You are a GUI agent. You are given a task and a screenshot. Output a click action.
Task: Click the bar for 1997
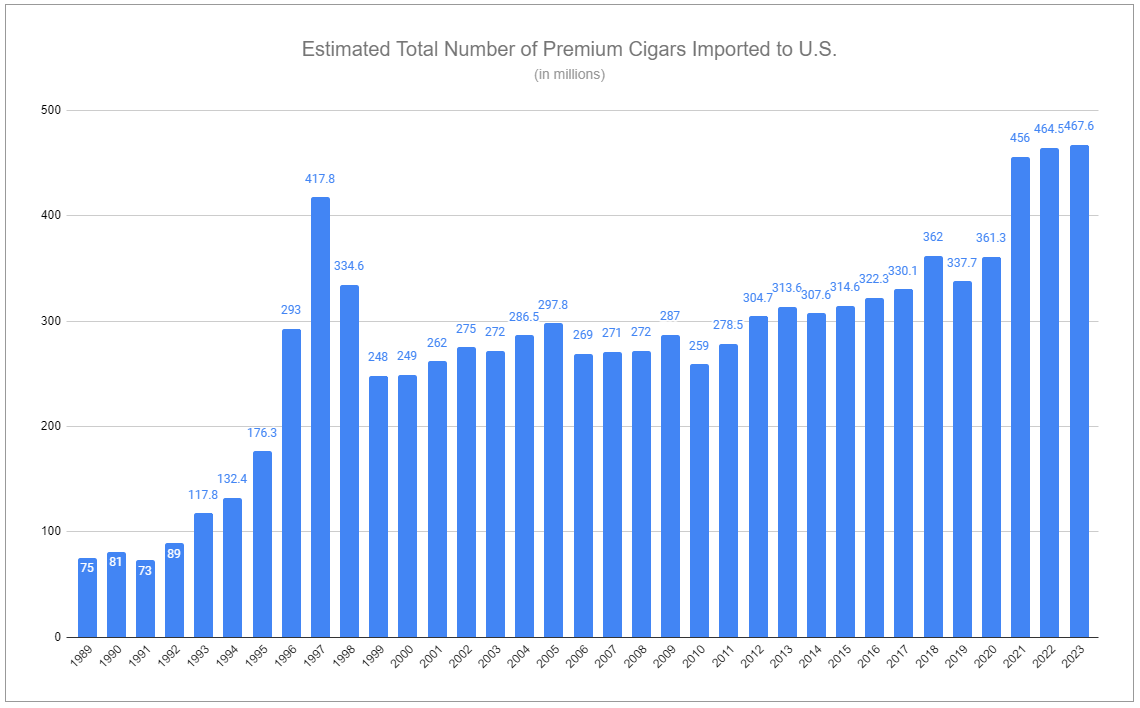point(320,417)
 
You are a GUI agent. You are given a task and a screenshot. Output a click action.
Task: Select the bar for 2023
point(1079,391)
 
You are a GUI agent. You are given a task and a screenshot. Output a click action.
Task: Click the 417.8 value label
point(320,179)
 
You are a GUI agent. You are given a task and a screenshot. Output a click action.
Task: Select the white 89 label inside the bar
point(174,552)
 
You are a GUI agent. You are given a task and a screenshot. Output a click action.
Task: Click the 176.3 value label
point(262,433)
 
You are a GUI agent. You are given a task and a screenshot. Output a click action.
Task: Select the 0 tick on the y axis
point(57,638)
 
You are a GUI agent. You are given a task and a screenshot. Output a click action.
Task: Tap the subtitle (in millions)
point(569,74)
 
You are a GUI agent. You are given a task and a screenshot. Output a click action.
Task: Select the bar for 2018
point(933,446)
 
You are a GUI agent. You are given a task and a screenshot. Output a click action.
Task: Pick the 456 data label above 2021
point(1020,138)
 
